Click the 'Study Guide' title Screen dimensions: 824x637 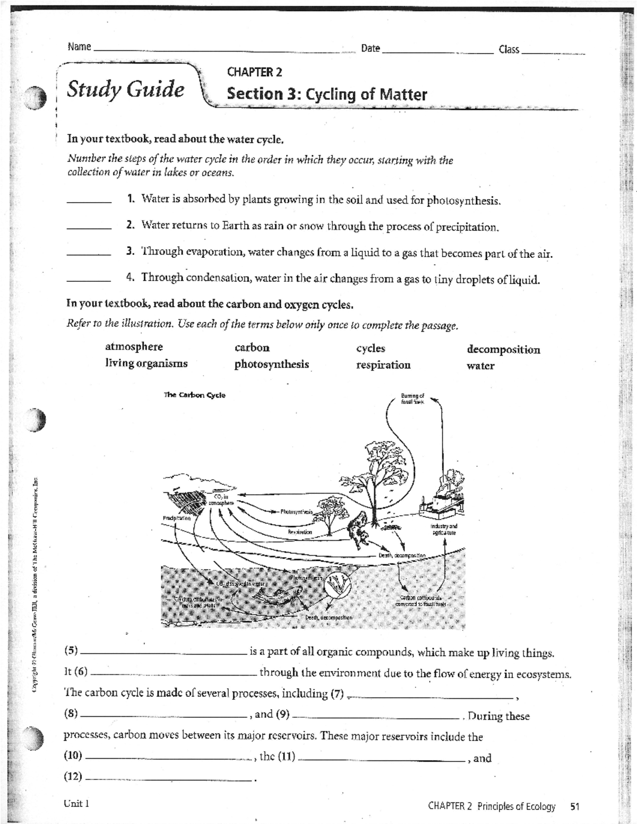click(125, 89)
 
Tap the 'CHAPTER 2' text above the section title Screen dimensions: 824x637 click(254, 72)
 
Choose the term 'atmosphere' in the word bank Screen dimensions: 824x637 click(134, 347)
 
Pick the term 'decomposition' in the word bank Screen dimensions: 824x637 click(503, 350)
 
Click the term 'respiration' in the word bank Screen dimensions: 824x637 click(383, 365)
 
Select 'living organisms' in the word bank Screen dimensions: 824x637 click(146, 364)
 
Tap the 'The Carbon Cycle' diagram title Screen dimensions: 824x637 click(194, 395)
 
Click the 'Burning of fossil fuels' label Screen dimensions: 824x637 click(412, 398)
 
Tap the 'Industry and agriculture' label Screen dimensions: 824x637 click(444, 529)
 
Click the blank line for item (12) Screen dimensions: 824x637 click(168, 778)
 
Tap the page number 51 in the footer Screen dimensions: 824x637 click(574, 806)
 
